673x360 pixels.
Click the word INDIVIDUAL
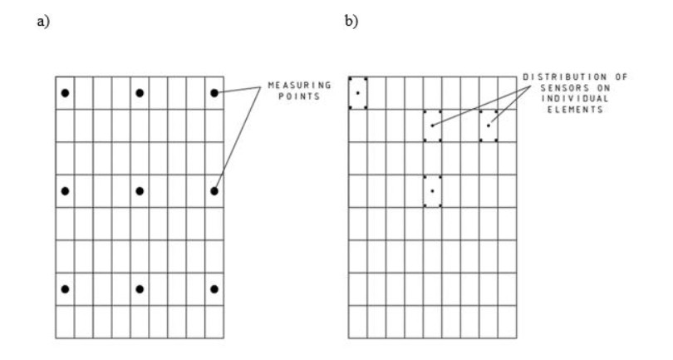pyautogui.click(x=574, y=99)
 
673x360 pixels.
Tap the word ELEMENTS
pyautogui.click(x=574, y=110)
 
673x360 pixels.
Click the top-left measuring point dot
pyautogui.click(x=65, y=92)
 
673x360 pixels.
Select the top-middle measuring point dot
pyautogui.click(x=140, y=92)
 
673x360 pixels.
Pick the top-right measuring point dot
pyautogui.click(x=214, y=92)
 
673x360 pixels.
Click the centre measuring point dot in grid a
pyautogui.click(x=140, y=191)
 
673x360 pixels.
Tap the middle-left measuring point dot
pyautogui.click(x=65, y=191)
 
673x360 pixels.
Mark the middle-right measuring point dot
pyautogui.click(x=214, y=191)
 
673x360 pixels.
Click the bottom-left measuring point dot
pyautogui.click(x=65, y=289)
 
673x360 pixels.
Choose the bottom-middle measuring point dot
pyautogui.click(x=140, y=289)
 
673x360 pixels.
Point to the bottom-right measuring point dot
pyautogui.click(x=214, y=289)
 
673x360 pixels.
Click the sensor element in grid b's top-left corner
pyautogui.click(x=357, y=92)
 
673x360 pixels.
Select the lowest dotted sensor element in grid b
pyautogui.click(x=432, y=191)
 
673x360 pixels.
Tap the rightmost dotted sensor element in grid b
pyautogui.click(x=489, y=126)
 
